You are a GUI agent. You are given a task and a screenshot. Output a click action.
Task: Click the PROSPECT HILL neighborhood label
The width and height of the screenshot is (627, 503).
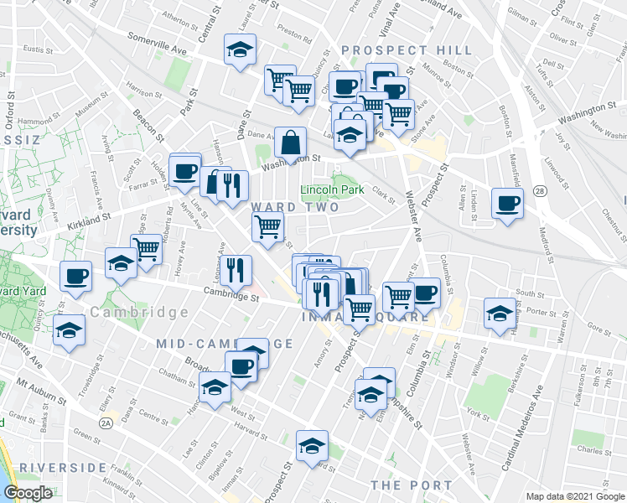(407, 50)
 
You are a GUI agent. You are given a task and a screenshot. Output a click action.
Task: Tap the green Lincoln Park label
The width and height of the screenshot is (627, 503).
(333, 190)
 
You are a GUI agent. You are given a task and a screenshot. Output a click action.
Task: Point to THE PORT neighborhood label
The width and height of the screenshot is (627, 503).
(411, 485)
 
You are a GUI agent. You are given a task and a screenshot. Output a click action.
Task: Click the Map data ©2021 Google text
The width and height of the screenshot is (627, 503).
(574, 496)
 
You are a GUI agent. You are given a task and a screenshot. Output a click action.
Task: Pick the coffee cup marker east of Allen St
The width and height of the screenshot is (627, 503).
(507, 204)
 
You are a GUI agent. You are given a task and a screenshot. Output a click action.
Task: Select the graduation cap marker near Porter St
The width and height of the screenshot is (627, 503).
(500, 314)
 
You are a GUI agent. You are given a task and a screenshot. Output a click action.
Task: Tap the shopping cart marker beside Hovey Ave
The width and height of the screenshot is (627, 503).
(147, 248)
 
